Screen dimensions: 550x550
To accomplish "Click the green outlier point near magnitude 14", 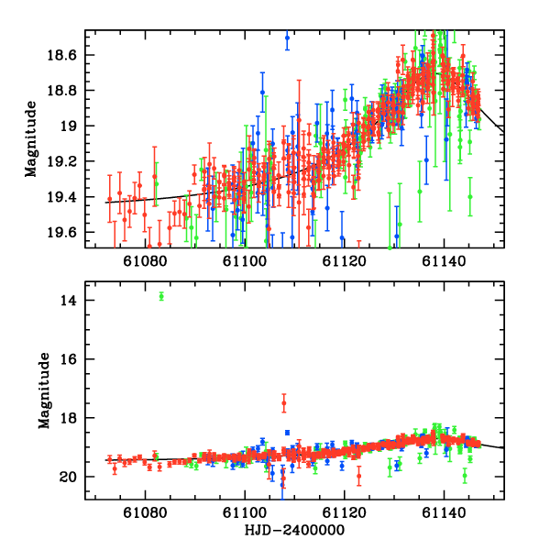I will click(x=161, y=295).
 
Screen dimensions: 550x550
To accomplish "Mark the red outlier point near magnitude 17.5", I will click(x=283, y=403).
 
